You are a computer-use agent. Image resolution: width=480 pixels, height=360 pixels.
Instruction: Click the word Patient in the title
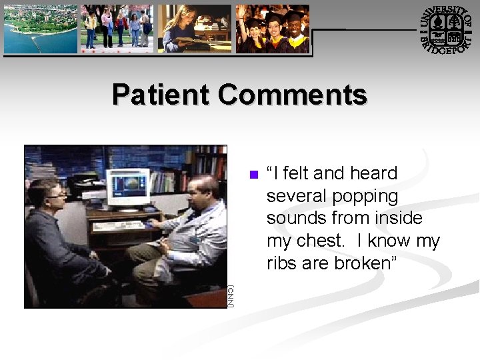click(x=160, y=95)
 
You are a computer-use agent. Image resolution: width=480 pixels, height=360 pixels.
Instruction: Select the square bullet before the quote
click(x=253, y=175)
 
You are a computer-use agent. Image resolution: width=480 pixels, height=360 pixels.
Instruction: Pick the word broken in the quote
click(x=365, y=263)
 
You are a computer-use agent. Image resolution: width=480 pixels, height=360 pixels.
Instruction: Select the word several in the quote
click(x=294, y=197)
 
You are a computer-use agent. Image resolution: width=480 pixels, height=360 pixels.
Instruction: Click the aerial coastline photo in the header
click(x=40, y=29)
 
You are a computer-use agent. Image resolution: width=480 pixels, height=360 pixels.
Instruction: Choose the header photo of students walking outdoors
click(x=117, y=29)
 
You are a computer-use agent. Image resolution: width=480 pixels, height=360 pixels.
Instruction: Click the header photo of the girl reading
click(x=194, y=29)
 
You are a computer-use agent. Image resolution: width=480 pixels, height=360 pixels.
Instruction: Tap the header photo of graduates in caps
click(x=272, y=29)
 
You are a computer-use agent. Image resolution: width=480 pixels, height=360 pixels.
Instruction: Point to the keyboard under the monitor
click(x=119, y=225)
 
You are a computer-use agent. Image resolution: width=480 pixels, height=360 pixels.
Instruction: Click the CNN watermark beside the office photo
click(x=231, y=296)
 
